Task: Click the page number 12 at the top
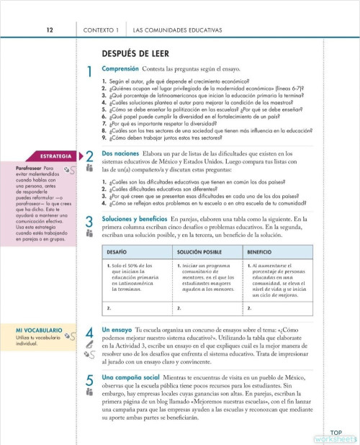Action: coord(50,30)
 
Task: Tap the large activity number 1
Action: coord(89,73)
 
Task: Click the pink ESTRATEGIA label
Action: coord(55,156)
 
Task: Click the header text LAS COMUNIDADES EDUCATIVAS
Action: coord(177,30)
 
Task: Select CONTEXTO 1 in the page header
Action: coord(101,30)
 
